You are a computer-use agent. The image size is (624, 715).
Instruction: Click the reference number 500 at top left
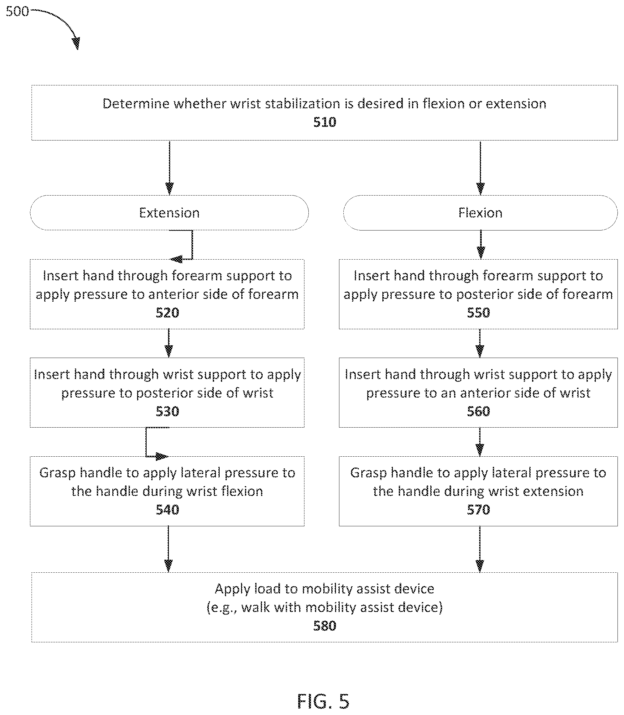(17, 11)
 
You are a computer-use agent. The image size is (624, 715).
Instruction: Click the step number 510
(325, 122)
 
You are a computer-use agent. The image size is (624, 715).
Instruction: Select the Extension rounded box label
(169, 213)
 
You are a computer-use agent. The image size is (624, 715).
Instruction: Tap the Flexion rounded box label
(480, 213)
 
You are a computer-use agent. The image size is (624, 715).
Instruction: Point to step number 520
(167, 313)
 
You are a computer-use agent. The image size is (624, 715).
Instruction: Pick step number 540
(167, 510)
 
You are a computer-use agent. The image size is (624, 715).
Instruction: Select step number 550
(479, 313)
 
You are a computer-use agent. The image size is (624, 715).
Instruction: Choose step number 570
(479, 510)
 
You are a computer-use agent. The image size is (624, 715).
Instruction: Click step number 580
(325, 626)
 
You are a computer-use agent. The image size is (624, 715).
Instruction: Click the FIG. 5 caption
(323, 701)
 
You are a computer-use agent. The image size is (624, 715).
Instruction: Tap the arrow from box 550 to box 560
(480, 343)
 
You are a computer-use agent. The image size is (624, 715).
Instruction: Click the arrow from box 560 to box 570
(480, 442)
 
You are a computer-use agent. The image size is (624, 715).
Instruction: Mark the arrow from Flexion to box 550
(480, 244)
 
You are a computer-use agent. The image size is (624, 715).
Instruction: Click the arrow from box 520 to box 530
(169, 343)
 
